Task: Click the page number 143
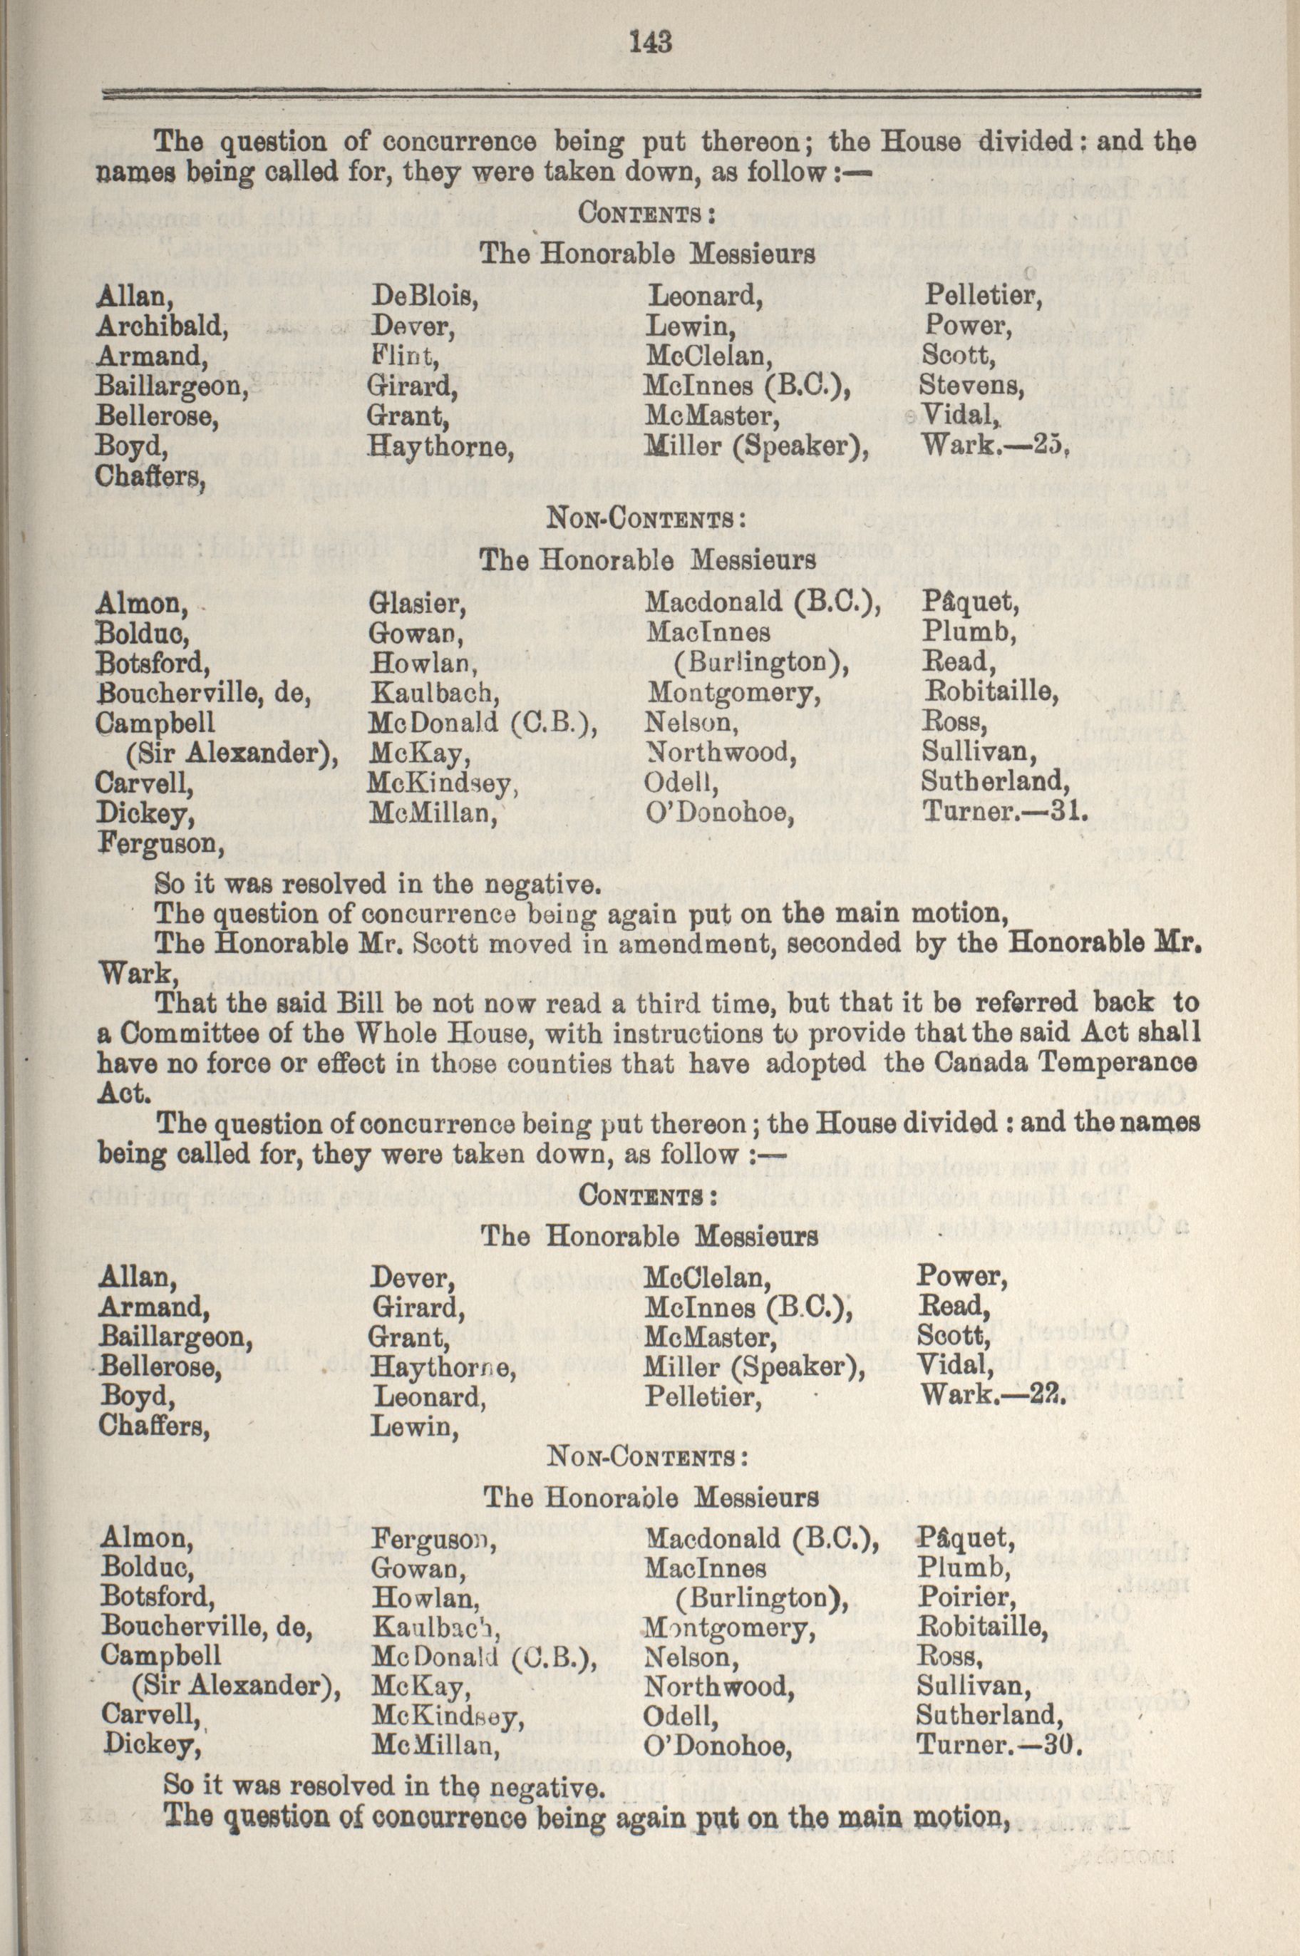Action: point(649,41)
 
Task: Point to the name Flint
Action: point(404,356)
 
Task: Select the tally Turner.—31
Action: point(1004,813)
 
